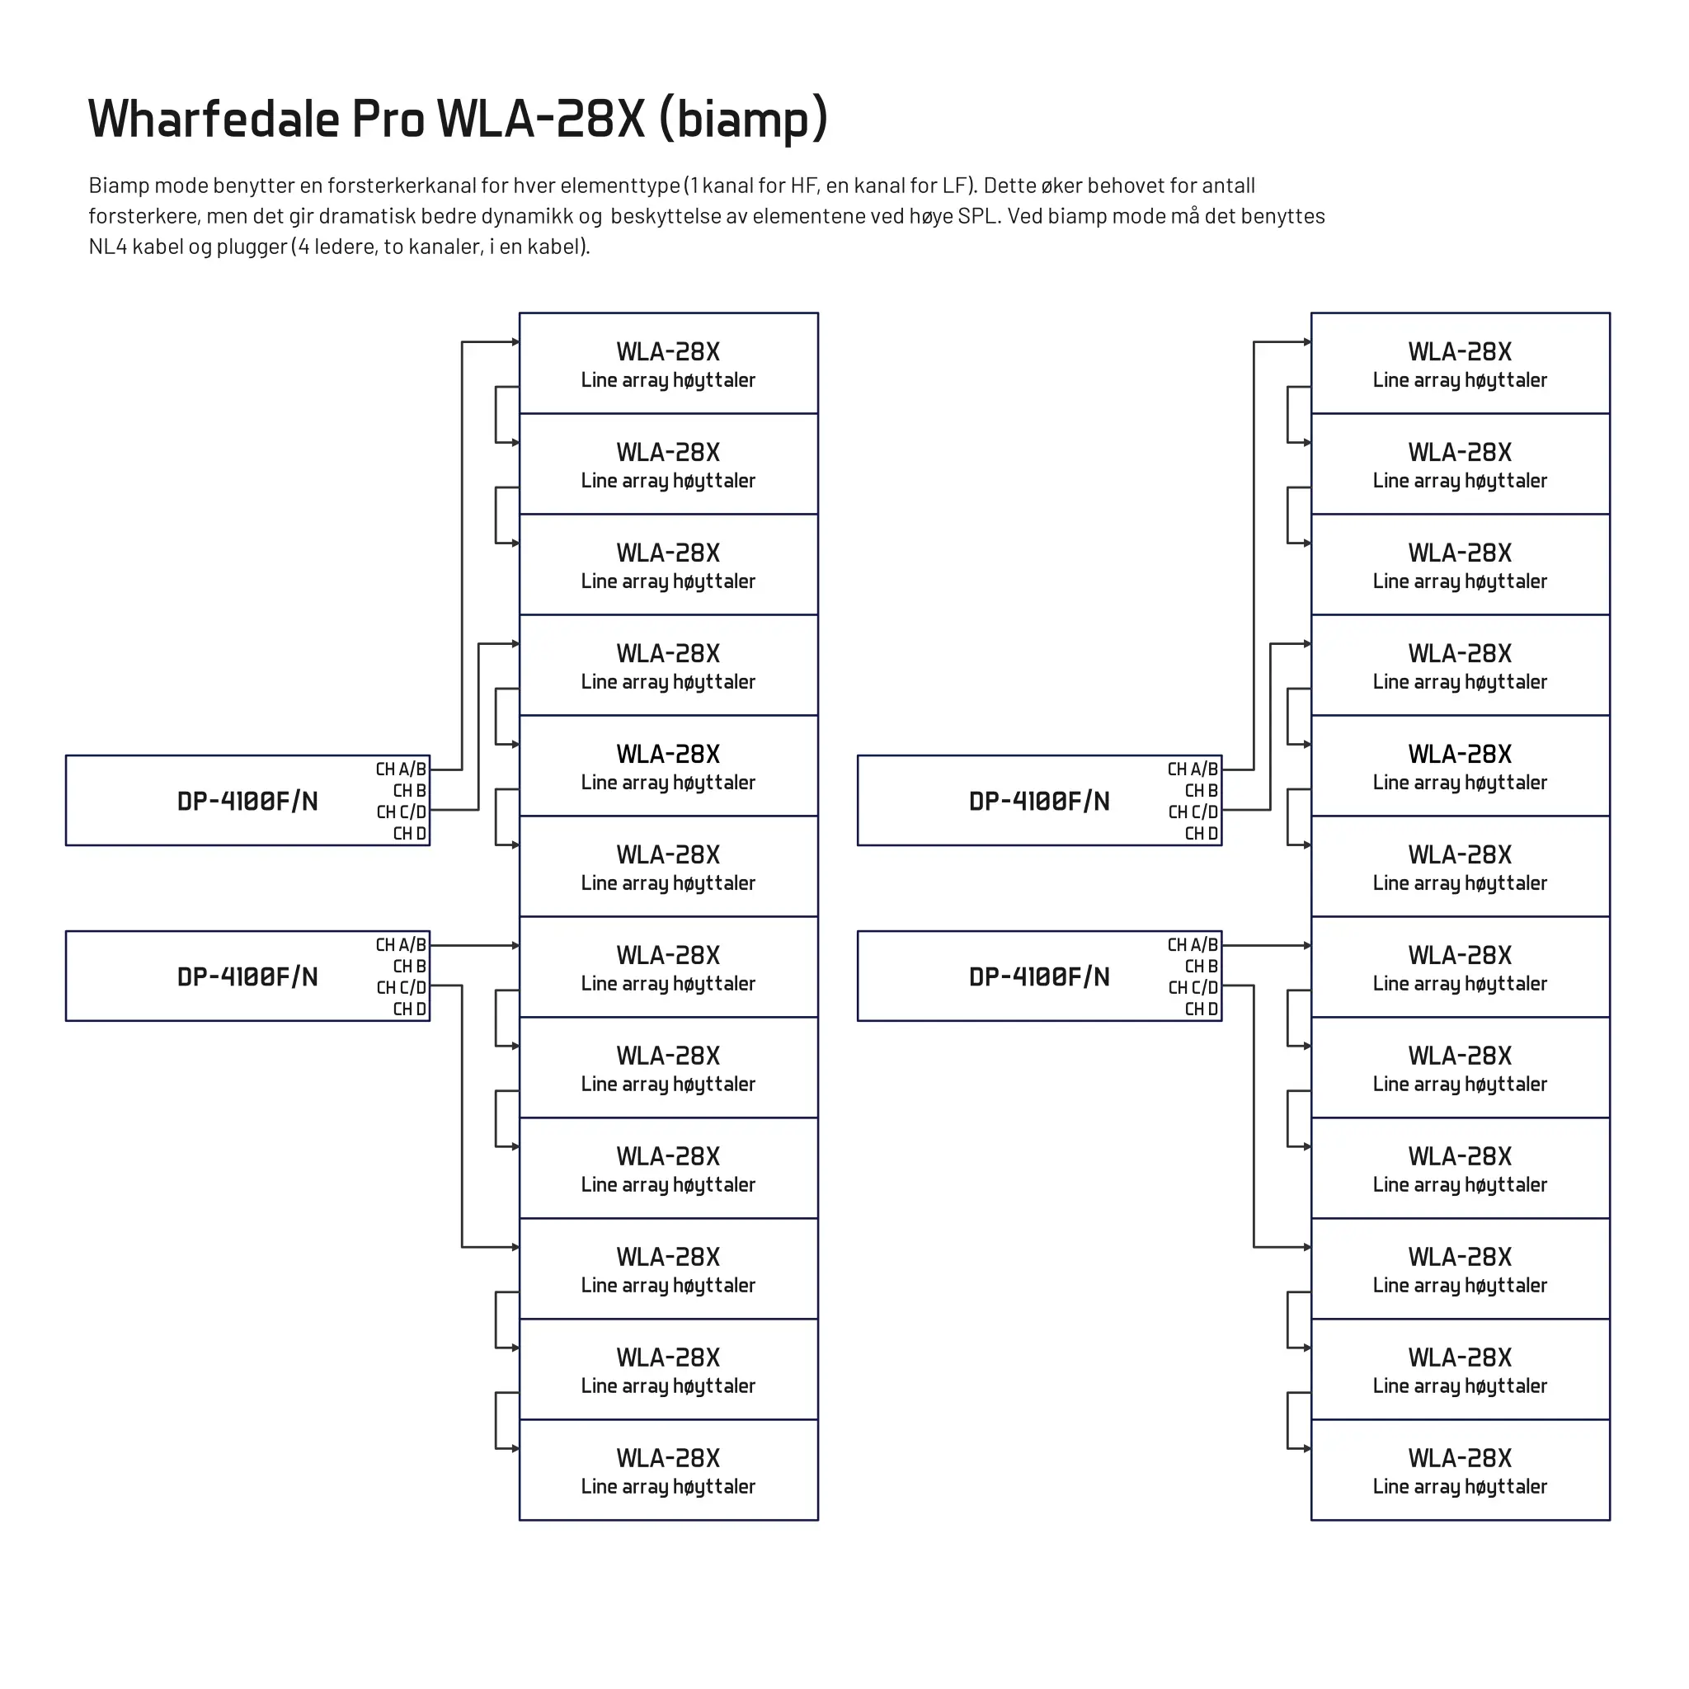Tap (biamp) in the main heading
[x=743, y=120]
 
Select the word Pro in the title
[x=388, y=119]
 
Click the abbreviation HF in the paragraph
[x=804, y=186]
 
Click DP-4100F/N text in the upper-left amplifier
[x=247, y=802]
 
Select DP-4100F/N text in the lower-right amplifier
[x=1039, y=977]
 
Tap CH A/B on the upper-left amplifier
[x=402, y=770]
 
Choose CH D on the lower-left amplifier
[x=409, y=1009]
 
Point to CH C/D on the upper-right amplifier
[x=1193, y=812]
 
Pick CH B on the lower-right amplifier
[x=1201, y=967]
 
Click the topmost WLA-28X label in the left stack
[x=668, y=352]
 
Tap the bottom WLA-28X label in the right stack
[x=1460, y=1458]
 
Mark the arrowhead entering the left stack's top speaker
[x=515, y=341]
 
